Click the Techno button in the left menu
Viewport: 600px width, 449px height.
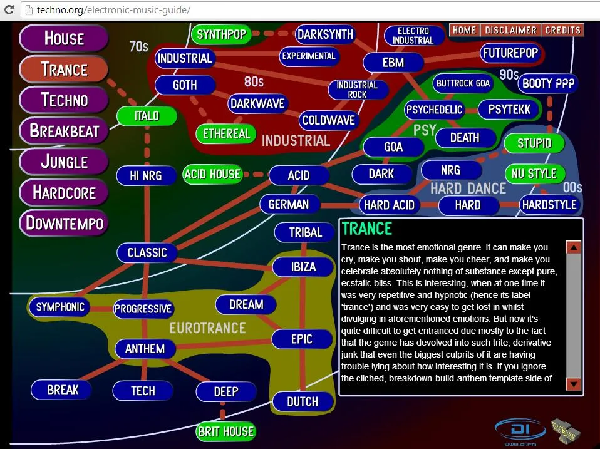(65, 100)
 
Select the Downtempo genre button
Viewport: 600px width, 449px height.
(65, 223)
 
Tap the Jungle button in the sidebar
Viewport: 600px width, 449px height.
(65, 162)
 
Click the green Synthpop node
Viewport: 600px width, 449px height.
(221, 34)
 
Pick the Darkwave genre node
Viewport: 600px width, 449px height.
(257, 104)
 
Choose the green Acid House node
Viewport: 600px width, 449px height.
(212, 174)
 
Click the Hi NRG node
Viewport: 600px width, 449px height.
(146, 175)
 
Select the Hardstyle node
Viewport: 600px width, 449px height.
(549, 205)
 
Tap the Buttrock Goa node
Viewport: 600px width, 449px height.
(463, 83)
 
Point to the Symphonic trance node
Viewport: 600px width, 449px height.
(60, 307)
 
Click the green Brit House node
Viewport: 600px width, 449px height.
(225, 431)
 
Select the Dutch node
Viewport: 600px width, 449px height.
(303, 401)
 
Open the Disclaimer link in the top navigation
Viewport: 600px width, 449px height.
(510, 30)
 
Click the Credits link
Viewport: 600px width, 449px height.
(562, 30)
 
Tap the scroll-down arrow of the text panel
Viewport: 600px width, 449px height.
(573, 384)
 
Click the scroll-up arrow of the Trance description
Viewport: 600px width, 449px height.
(573, 247)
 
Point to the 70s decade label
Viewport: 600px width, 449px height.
(139, 47)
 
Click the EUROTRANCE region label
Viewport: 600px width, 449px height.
(208, 328)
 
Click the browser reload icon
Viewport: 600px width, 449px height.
(9, 9)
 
